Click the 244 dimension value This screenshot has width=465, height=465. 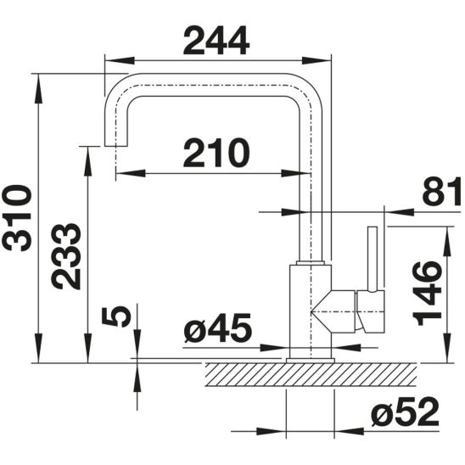216,41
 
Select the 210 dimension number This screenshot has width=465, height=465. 216,153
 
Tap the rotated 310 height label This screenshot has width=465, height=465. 17,218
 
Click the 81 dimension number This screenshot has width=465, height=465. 441,191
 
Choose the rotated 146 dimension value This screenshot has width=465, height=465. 428,294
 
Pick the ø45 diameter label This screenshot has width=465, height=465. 217,327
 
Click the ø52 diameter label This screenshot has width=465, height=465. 405,412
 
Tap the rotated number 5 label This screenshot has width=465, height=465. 116,317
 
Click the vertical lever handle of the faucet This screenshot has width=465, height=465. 373,260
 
